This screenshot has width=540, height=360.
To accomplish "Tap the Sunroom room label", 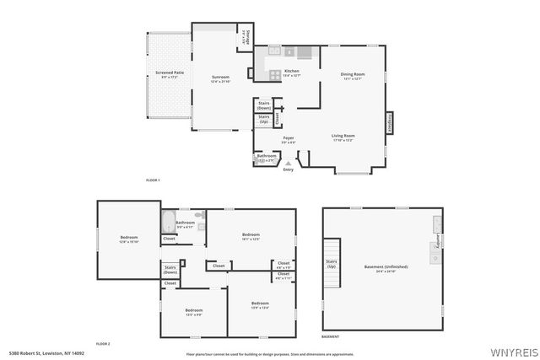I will tap(221, 79).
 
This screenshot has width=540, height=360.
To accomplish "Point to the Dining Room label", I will tap(352, 77).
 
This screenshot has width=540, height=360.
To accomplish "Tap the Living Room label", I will tap(343, 137).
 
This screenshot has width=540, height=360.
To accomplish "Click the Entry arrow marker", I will tap(289, 163).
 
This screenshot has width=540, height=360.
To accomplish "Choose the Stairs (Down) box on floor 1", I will tap(264, 106).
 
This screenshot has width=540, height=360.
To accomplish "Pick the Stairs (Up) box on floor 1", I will tap(264, 120).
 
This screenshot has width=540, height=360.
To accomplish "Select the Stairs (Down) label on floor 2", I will tap(170, 270).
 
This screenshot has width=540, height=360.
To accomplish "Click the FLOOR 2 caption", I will tap(103, 344).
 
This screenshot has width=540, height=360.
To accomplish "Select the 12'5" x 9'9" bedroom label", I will tap(194, 312).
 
